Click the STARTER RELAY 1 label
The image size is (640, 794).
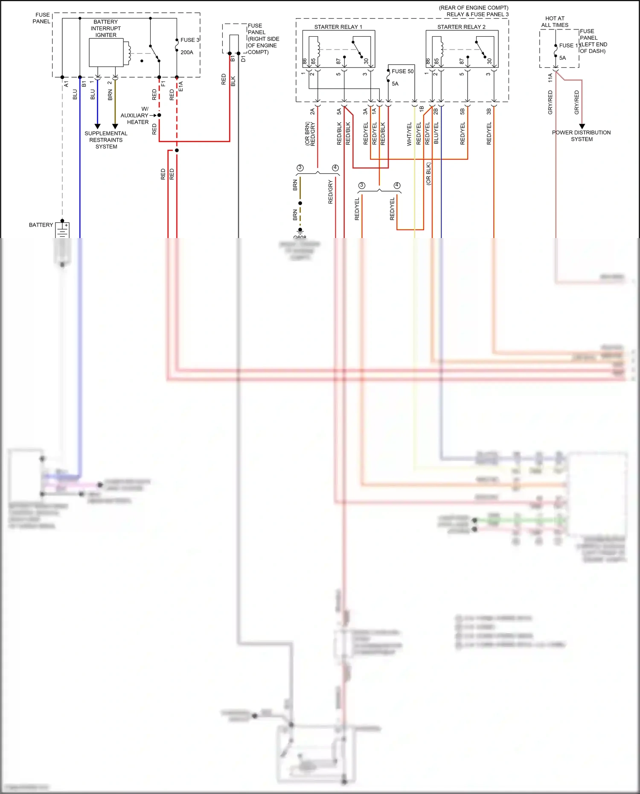point(338,27)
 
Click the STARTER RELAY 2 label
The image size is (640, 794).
point(461,27)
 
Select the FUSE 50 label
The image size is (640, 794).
point(402,71)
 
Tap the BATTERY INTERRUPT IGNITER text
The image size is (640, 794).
point(106,28)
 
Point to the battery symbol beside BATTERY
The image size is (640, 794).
point(62,230)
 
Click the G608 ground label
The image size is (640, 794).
point(300,237)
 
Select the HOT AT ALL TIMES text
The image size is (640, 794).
point(555,22)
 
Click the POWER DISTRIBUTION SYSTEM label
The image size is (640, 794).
point(581,136)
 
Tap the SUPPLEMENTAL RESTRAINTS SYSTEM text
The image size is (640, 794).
point(106,140)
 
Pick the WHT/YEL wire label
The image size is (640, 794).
point(409,134)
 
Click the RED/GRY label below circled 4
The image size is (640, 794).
point(330,192)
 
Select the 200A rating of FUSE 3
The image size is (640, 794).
point(186,52)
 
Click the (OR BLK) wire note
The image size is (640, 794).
point(428,173)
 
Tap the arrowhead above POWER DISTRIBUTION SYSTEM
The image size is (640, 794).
point(582,126)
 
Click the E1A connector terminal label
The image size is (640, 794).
point(180,86)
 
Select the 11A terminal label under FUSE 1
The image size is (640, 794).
point(550,77)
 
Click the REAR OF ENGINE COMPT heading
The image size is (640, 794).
point(474,8)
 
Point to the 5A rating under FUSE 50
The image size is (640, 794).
point(395,84)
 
